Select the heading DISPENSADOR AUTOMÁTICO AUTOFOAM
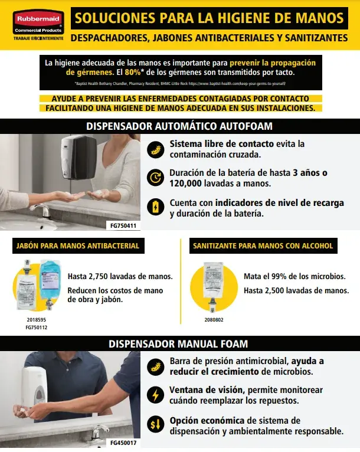coord(179,126)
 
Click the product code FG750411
coord(123,225)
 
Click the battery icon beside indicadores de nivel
coord(155,207)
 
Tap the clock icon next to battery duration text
coord(155,178)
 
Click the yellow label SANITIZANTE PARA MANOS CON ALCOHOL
coord(263,245)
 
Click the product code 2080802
coord(214,319)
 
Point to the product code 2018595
coord(37,319)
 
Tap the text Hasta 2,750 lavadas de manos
coord(120,276)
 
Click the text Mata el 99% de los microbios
coord(293,276)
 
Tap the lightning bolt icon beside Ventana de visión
coord(155,395)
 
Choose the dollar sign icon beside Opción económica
coord(155,424)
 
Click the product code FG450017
coord(123,442)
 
